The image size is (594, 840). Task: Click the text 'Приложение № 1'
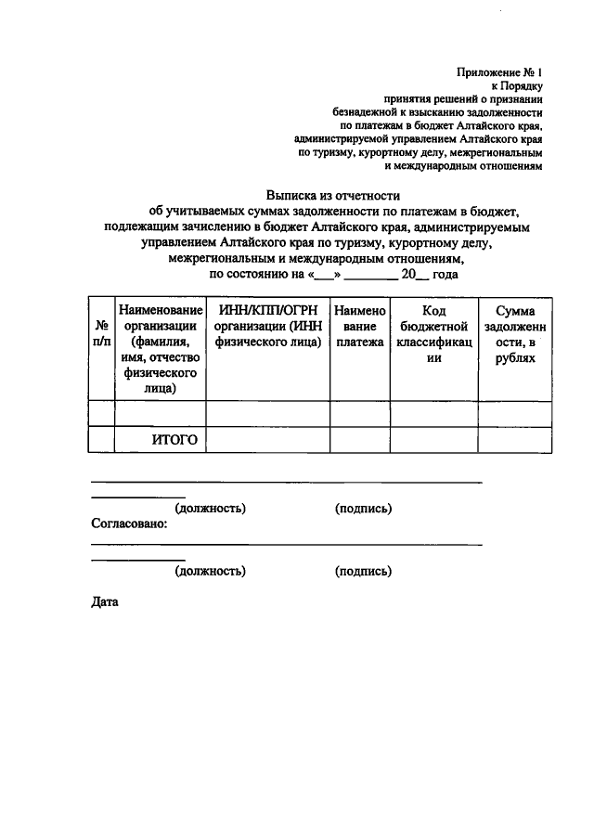498,71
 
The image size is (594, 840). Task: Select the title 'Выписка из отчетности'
332,196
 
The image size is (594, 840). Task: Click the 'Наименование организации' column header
160,349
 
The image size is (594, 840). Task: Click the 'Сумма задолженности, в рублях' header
514,333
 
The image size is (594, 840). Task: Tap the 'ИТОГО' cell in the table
174,439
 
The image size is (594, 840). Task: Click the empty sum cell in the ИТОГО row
514,439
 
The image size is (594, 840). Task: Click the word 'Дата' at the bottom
105,601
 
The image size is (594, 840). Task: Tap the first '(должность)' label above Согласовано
210,508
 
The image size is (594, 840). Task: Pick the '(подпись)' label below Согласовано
363,571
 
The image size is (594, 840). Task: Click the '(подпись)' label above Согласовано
363,508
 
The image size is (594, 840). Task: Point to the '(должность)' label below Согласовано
210,571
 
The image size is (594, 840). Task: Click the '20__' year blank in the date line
415,275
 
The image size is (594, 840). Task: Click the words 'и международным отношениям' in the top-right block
462,168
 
